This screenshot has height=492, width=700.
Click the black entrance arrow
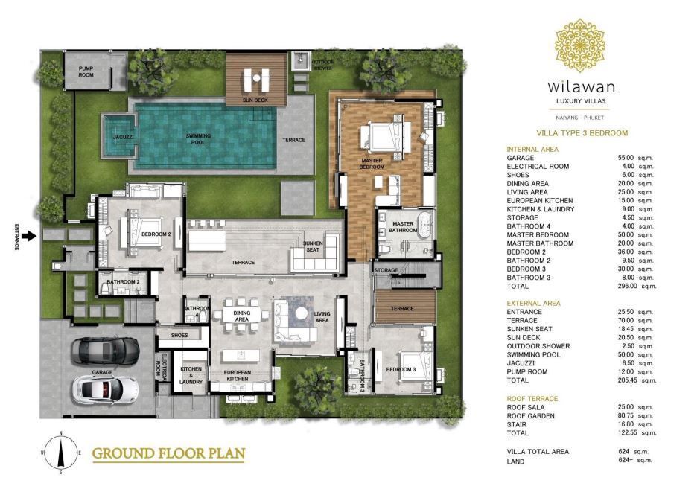(x=29, y=236)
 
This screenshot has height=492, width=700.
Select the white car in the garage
(x=105, y=390)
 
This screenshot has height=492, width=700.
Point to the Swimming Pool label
(x=198, y=139)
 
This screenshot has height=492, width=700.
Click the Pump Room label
(x=86, y=71)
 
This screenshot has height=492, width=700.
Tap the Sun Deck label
(x=255, y=100)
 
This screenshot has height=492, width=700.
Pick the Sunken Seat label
(x=313, y=246)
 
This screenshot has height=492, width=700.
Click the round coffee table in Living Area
(x=302, y=313)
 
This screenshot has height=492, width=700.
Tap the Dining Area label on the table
(x=241, y=316)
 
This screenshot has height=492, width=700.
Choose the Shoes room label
(x=179, y=336)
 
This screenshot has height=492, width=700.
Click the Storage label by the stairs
(x=386, y=270)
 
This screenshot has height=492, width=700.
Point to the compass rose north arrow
(x=60, y=452)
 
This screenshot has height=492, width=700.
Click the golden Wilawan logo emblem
(x=580, y=45)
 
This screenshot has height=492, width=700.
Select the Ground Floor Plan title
(x=168, y=453)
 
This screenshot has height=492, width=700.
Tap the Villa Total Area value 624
(x=624, y=451)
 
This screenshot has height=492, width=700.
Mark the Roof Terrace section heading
(x=532, y=399)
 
